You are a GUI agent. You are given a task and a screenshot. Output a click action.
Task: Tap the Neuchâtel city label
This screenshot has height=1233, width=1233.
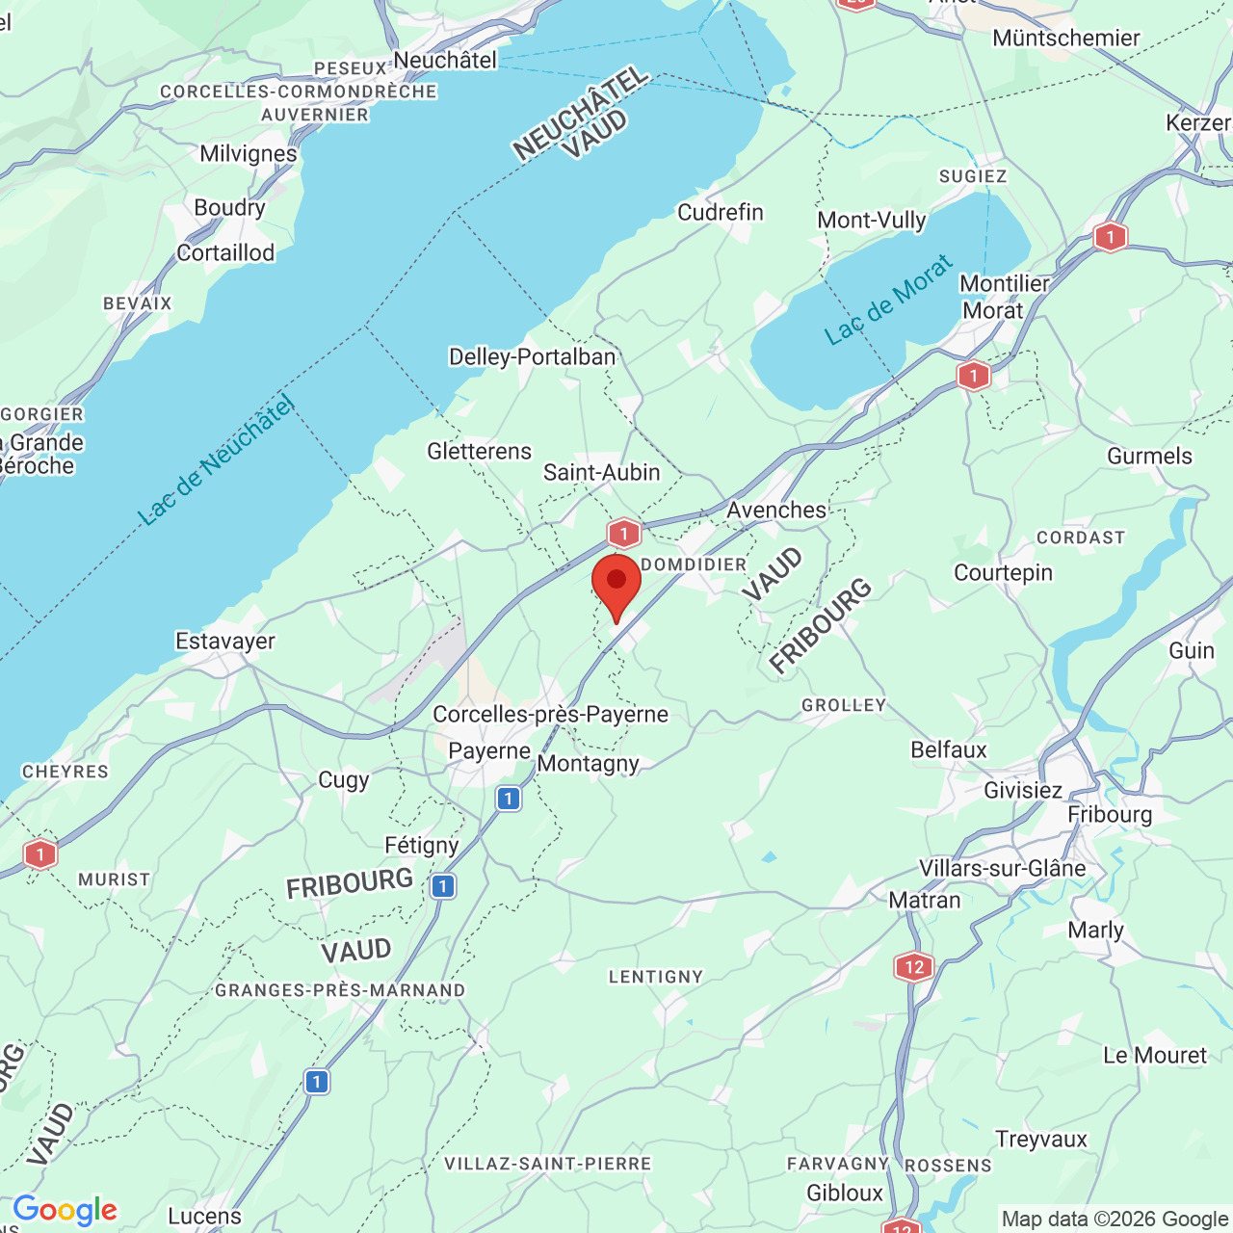click(x=445, y=61)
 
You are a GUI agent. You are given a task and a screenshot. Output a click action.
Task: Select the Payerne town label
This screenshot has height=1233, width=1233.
click(x=489, y=751)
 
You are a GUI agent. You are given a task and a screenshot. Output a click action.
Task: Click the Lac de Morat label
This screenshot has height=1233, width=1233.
click(x=888, y=300)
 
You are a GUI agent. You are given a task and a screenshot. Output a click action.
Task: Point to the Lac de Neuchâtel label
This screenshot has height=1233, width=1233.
click(x=217, y=461)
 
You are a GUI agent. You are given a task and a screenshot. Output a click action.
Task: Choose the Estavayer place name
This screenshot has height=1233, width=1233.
click(x=225, y=642)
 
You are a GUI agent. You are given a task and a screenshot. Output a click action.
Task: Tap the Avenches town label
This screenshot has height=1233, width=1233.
click(x=776, y=511)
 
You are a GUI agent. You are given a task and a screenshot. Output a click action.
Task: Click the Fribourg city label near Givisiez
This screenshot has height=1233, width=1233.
click(x=1110, y=815)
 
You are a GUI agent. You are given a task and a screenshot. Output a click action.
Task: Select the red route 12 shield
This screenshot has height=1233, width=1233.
click(x=913, y=966)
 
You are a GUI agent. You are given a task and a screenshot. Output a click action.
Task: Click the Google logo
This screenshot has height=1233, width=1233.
click(x=65, y=1210)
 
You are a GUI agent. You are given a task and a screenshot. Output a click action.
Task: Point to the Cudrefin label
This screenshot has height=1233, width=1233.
click(x=721, y=213)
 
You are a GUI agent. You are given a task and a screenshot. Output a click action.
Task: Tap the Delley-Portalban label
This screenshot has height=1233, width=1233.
click(x=532, y=357)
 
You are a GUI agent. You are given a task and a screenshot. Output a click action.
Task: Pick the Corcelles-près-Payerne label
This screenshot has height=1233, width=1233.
click(x=550, y=715)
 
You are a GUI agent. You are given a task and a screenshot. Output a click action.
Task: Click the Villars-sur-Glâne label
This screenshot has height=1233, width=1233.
click(x=1002, y=869)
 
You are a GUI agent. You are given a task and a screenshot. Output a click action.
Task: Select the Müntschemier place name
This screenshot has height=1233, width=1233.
click(x=1066, y=39)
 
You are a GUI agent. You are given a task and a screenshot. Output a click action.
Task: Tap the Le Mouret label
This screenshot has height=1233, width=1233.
click(x=1155, y=1056)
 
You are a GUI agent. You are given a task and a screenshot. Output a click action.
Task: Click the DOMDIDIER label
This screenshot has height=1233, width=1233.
click(x=694, y=564)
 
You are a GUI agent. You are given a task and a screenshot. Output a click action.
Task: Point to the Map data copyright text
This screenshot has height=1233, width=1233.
click(x=1115, y=1219)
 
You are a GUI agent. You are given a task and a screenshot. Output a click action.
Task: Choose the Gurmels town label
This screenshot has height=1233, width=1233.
click(x=1149, y=457)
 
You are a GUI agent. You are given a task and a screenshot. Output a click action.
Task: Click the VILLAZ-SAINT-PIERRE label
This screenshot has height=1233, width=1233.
click(x=547, y=1165)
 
